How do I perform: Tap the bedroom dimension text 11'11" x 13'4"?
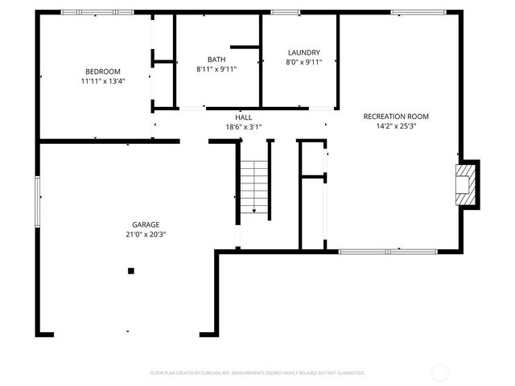(102, 81)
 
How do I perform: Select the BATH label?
(216, 60)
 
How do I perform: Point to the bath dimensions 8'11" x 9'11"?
(216, 69)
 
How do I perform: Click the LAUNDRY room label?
(303, 52)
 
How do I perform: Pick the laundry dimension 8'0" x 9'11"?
(303, 62)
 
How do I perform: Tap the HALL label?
(244, 117)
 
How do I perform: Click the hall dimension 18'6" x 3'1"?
(244, 126)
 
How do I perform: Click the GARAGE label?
(146, 224)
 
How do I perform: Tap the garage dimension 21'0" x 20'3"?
(146, 234)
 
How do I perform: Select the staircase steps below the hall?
(254, 187)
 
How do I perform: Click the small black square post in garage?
(130, 271)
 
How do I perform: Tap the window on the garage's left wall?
(37, 202)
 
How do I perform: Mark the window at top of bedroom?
(97, 13)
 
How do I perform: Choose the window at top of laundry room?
(285, 13)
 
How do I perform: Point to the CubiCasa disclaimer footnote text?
(257, 373)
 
